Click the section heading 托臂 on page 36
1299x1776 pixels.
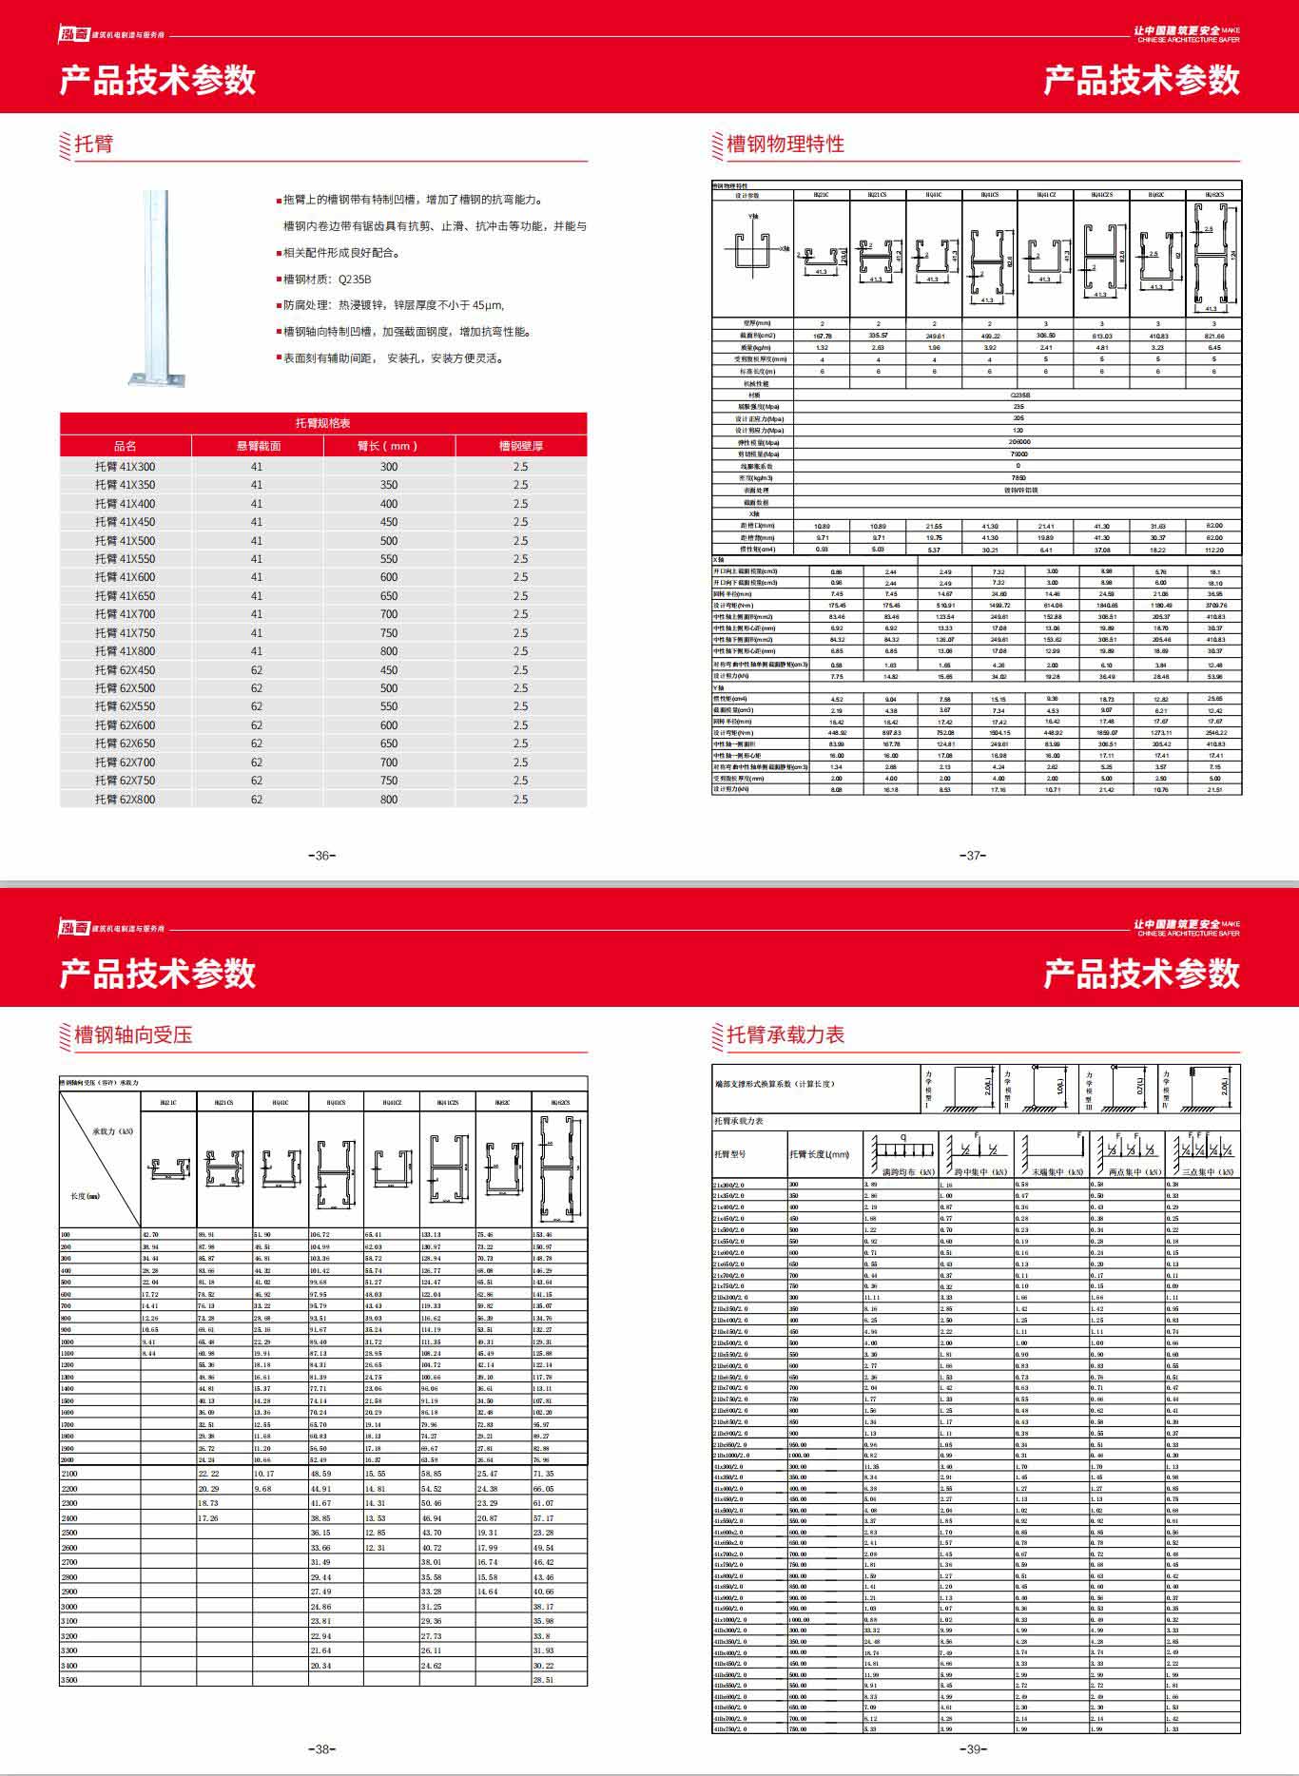[94, 145]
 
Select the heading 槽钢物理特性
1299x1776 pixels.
[785, 145]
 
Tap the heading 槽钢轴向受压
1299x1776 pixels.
[133, 1034]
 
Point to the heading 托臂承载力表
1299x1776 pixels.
[785, 1034]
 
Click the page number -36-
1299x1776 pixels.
[322, 856]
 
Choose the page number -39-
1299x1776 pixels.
[973, 1749]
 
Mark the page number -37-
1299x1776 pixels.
[973, 856]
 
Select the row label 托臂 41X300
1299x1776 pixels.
[125, 467]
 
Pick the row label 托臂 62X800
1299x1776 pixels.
[125, 800]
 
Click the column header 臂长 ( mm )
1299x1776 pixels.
[388, 446]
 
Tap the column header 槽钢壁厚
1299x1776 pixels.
[520, 446]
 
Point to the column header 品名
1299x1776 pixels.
[125, 446]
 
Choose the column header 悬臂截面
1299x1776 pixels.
[258, 446]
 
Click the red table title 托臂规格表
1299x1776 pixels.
[322, 423]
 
